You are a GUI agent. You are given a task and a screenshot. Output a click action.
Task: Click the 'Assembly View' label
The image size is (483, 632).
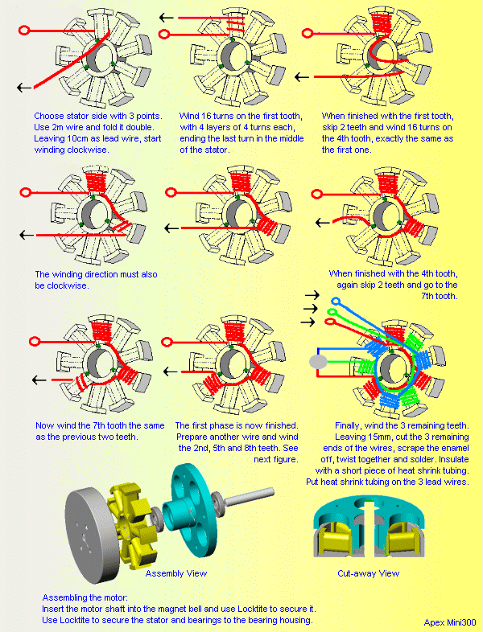(x=175, y=573)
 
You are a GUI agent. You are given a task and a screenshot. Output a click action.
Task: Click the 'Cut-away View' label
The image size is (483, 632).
(x=368, y=573)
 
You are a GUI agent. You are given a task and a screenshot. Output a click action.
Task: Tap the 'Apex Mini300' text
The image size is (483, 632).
(x=450, y=622)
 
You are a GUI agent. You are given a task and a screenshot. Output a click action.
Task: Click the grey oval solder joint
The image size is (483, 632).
(x=320, y=363)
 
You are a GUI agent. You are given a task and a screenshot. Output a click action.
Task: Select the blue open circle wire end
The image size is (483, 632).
(x=336, y=303)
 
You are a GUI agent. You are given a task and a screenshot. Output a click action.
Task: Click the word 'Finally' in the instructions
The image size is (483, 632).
(x=348, y=425)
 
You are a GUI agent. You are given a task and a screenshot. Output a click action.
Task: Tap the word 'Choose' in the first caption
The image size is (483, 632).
(x=50, y=116)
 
